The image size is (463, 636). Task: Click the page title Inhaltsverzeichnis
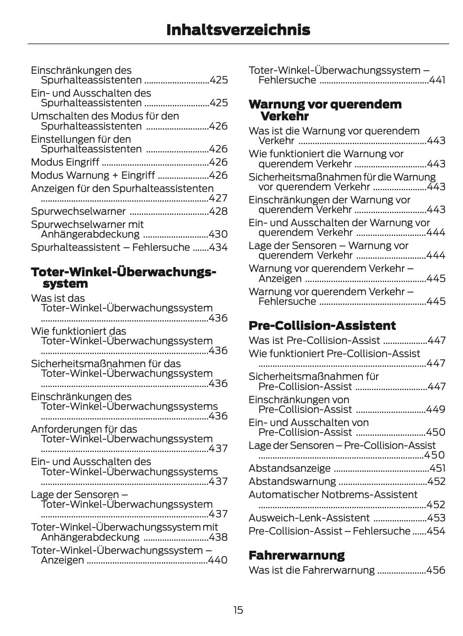click(x=238, y=30)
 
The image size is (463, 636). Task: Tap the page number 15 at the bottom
click(x=238, y=610)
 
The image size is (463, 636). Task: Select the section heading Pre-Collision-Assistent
click(x=322, y=325)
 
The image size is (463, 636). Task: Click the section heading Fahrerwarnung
click(x=297, y=555)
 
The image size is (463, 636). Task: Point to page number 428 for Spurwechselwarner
click(x=219, y=211)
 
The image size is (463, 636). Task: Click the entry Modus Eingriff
click(x=65, y=162)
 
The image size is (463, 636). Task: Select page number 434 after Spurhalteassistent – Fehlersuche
click(x=219, y=247)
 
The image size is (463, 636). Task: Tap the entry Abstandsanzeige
click(x=290, y=468)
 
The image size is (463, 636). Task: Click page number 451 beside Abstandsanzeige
click(x=437, y=468)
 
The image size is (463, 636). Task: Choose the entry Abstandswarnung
click(x=292, y=481)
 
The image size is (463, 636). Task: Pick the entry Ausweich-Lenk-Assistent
click(x=309, y=518)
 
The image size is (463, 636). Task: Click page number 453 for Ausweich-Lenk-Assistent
click(x=436, y=518)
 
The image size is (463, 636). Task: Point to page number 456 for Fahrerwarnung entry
click(x=436, y=570)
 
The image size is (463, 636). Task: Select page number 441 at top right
click(x=437, y=80)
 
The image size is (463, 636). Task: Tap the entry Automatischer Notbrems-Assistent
click(x=333, y=495)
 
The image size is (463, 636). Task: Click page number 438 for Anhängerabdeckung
click(x=219, y=537)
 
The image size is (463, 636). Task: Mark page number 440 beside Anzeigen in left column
click(x=218, y=560)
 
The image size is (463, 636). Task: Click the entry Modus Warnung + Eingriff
click(x=93, y=175)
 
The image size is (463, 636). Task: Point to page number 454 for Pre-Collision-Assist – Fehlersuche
click(x=436, y=531)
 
